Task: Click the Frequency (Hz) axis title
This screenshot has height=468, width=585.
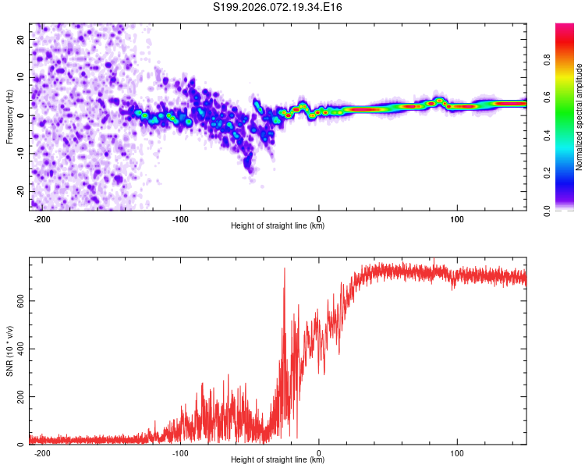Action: [9, 116]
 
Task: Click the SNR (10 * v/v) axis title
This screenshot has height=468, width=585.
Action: [9, 351]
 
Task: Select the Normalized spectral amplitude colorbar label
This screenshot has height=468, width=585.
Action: [580, 117]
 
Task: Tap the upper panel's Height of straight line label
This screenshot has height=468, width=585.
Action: [278, 226]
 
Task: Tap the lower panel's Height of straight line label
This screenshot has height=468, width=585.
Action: [278, 460]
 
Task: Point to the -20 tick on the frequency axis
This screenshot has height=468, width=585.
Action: [19, 191]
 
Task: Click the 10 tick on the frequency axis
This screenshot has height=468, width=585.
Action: [21, 78]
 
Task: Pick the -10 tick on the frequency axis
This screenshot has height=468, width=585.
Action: [19, 154]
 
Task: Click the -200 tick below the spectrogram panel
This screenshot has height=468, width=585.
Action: [42, 219]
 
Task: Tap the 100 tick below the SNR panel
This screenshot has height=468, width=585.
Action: [458, 452]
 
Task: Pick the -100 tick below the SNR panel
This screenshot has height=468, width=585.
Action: [180, 452]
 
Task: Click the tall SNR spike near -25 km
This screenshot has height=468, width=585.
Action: [284, 270]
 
